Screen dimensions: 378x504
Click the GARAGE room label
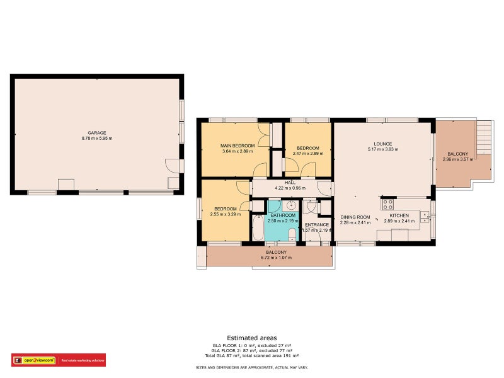point(96,133)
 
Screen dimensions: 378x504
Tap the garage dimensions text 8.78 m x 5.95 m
point(96,139)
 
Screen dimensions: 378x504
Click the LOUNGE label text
point(382,143)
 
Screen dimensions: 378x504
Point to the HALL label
point(290,183)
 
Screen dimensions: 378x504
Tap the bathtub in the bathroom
point(258,227)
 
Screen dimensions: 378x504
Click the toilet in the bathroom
point(291,235)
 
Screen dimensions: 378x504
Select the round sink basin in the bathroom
point(292,205)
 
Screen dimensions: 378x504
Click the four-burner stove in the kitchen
point(388,204)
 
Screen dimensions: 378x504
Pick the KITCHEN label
point(399,215)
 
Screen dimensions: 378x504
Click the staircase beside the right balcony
point(483,137)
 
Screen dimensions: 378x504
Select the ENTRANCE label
point(316,224)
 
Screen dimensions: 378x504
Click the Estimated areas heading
point(251,338)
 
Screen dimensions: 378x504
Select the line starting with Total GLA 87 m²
point(251,356)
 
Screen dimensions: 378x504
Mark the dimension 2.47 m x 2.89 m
point(308,153)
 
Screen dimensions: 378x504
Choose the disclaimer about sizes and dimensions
point(251,367)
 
